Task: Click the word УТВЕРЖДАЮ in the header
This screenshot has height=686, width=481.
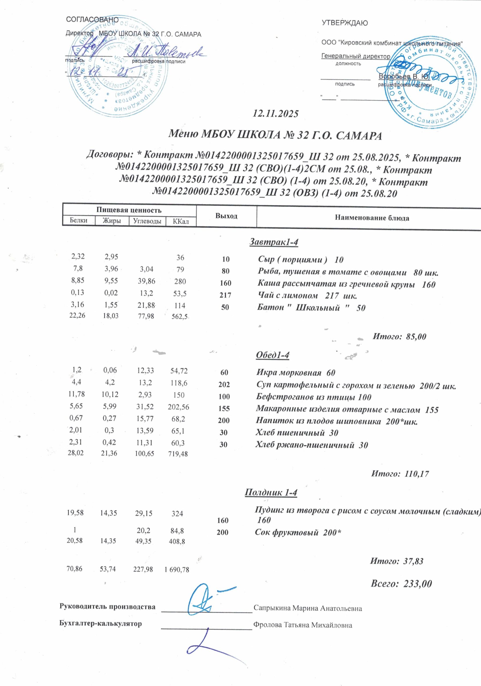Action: [x=344, y=23]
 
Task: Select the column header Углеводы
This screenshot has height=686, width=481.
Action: [x=147, y=221]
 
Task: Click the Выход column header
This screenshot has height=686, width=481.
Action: [x=226, y=216]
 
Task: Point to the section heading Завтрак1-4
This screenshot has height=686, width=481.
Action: [x=274, y=242]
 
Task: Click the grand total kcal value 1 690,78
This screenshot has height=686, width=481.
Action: [x=177, y=570]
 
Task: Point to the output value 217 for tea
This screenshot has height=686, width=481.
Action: [x=225, y=296]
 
